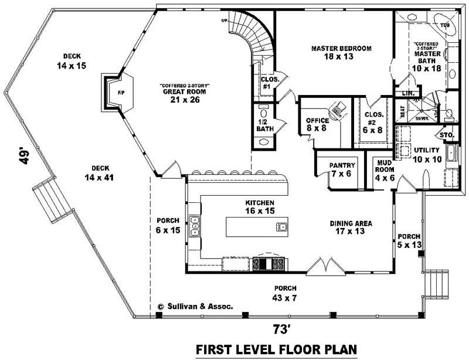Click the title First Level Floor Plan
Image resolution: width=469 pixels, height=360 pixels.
tap(277, 349)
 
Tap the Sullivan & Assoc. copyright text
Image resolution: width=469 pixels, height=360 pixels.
tap(196, 306)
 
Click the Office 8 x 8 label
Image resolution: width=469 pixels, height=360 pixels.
tap(317, 124)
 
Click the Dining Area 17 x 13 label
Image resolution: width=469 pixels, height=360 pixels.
tap(351, 227)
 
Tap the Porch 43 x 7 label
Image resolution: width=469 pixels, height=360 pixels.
tap(284, 292)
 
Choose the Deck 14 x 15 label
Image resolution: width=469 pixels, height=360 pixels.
tap(72, 61)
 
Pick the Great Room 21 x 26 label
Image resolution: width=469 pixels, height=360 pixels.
tap(185, 94)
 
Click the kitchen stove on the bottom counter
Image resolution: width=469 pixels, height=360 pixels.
tap(269, 264)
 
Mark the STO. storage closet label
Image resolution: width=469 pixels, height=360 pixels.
tap(447, 135)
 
